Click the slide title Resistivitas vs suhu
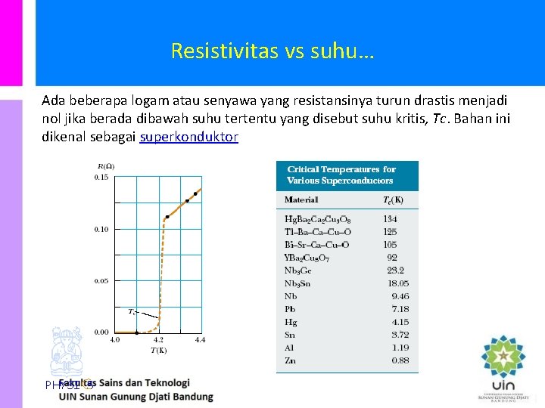[x=272, y=51]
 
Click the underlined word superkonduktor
[x=189, y=137]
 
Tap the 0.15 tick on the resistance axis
[x=101, y=178]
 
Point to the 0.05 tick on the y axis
[x=101, y=281]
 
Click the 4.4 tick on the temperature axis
[x=200, y=340]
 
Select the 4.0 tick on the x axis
[x=115, y=340]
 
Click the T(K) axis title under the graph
[x=157, y=350]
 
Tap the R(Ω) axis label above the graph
[x=106, y=166]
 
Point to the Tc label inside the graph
[x=132, y=311]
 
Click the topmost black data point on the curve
[x=195, y=193]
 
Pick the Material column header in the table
[x=301, y=200]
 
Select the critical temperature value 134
[x=390, y=219]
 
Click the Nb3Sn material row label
[x=298, y=283]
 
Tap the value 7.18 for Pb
[x=400, y=309]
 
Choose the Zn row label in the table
[x=290, y=360]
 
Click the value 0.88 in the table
[x=400, y=360]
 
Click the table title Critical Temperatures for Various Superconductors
[x=341, y=175]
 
